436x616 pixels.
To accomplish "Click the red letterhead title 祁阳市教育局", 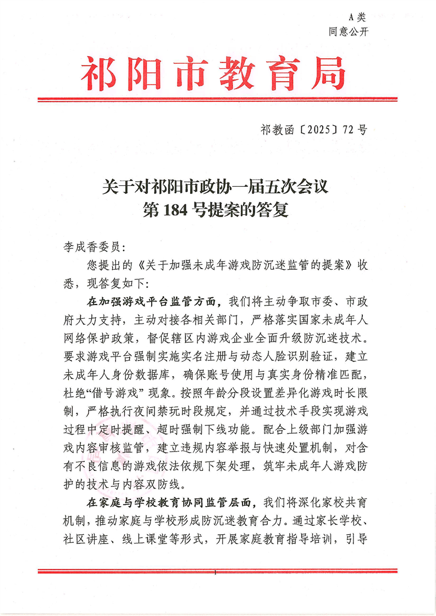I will click(214, 75).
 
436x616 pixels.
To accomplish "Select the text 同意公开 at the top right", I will click(348, 31).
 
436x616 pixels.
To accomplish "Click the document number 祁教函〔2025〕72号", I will click(313, 130).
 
